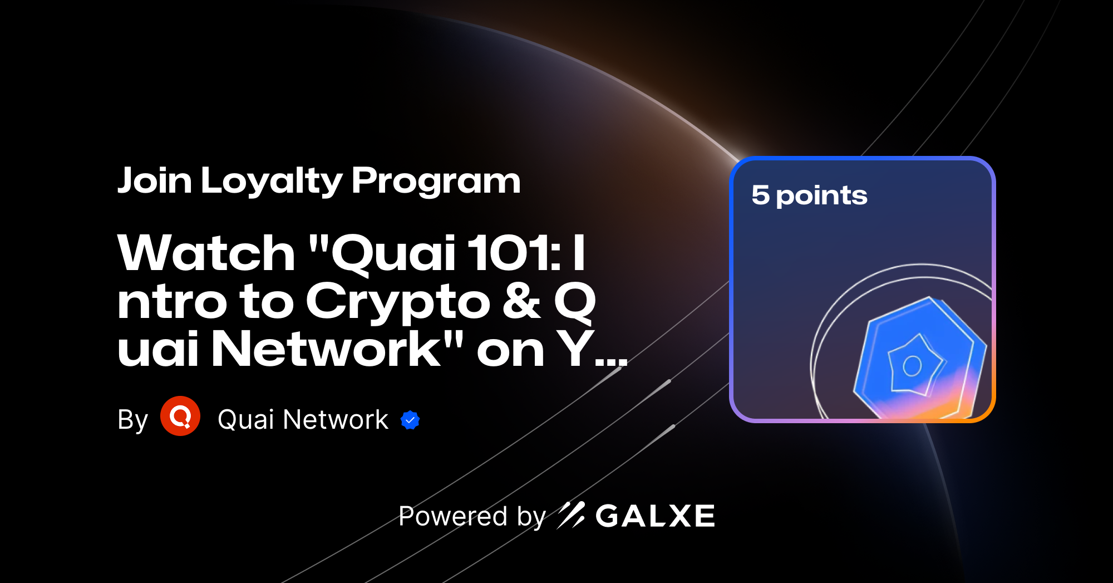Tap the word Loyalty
coord(272,182)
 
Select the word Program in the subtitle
coord(436,182)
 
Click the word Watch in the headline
coord(206,253)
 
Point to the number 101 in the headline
coord(509,253)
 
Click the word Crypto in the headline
coord(397,302)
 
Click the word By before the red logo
coord(132,420)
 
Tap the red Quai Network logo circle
coord(180,416)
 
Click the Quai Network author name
coord(303,419)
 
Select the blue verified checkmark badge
coord(410,420)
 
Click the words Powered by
coord(472,516)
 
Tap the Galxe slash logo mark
coord(571,515)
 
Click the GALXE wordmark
coord(655,516)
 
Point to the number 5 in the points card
coord(760,195)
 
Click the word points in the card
coord(821,195)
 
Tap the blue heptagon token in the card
coord(918,359)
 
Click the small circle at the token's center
coord(912,366)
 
